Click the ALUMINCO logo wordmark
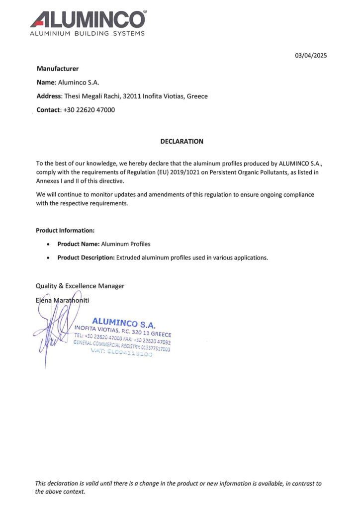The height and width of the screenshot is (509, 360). point(88,19)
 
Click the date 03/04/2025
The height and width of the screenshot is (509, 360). point(311,56)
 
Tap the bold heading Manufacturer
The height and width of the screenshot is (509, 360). point(58,69)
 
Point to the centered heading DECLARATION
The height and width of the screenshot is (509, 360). point(181,141)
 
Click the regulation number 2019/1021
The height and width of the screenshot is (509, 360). point(203,172)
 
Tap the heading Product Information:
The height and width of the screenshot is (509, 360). point(65,231)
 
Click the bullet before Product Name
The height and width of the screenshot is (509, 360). point(48,245)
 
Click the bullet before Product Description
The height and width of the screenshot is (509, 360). point(48,258)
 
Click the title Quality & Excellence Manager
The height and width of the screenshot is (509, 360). point(80,286)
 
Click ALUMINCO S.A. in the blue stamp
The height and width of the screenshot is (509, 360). point(124,324)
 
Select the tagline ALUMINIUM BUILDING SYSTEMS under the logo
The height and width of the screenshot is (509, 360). point(87,34)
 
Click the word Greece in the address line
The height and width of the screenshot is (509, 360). point(197,96)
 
